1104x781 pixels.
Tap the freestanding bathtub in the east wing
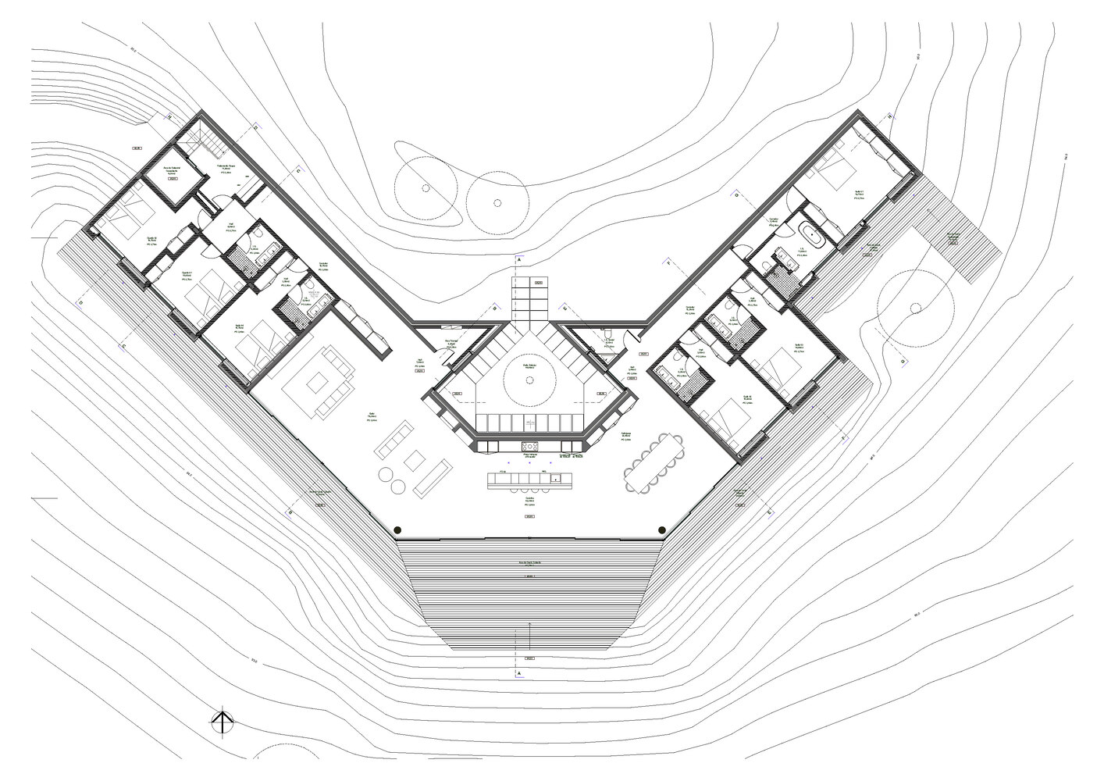[815, 235]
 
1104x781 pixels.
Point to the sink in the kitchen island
[555, 477]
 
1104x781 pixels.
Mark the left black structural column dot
[397, 529]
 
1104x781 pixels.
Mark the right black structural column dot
[662, 529]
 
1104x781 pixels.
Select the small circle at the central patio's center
[529, 380]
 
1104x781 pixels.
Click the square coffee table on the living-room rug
[318, 383]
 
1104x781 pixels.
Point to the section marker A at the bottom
[517, 671]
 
